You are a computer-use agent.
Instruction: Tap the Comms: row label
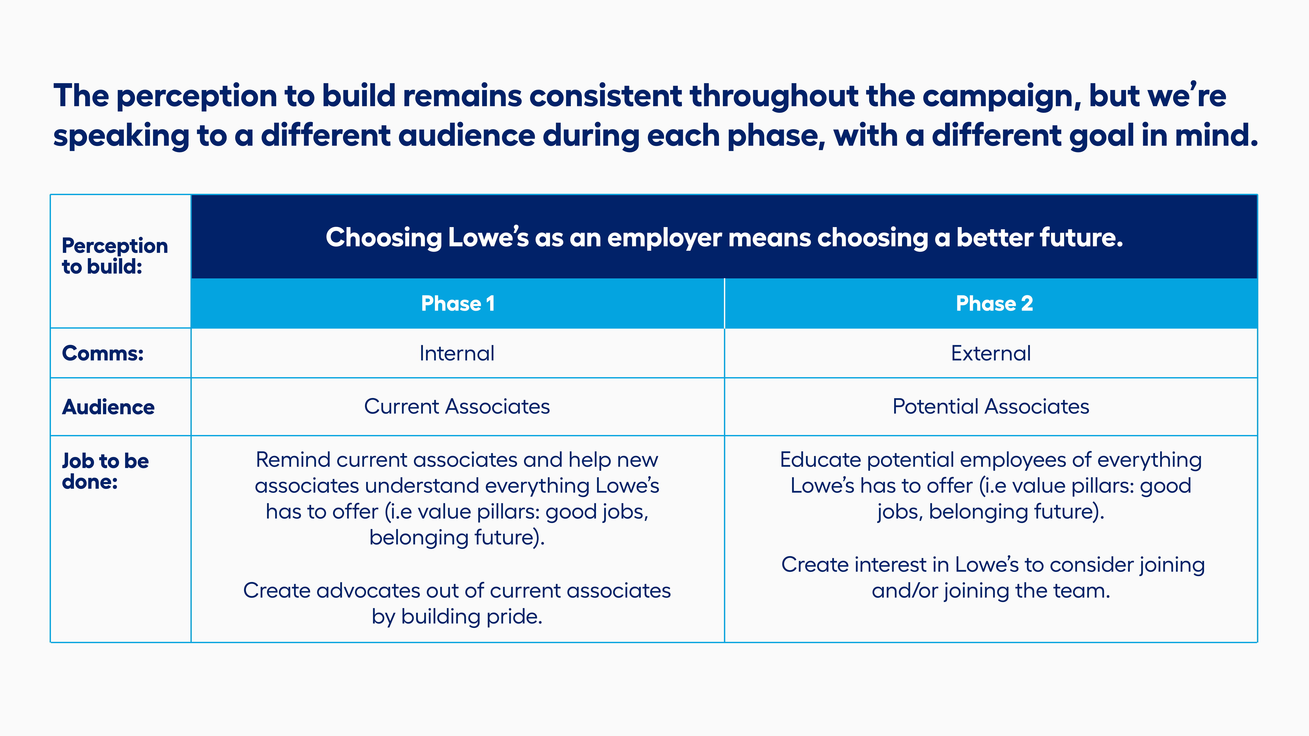point(103,353)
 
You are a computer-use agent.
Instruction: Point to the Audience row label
point(108,407)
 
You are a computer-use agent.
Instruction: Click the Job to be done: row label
point(105,471)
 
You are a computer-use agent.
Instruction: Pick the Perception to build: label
point(115,256)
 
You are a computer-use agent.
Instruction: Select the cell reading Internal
point(457,353)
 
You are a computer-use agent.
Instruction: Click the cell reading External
point(991,353)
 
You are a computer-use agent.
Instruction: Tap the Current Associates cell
point(457,406)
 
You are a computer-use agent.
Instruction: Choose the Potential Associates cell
point(991,406)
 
